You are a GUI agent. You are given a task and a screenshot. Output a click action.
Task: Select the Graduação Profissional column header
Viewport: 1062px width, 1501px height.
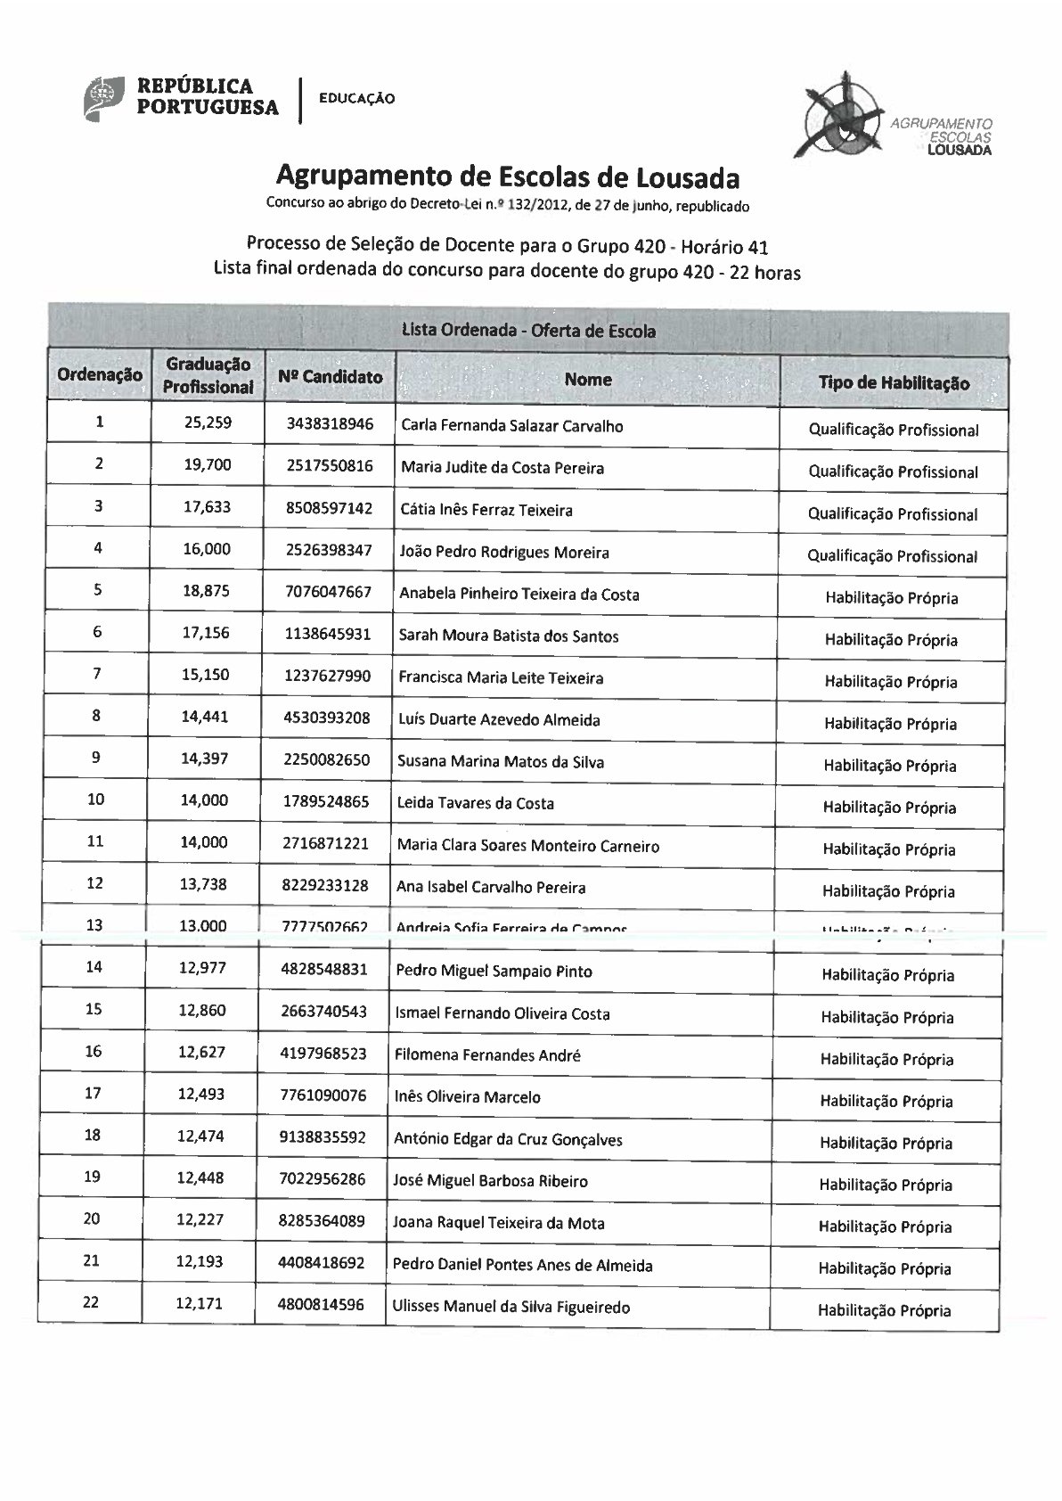(208, 376)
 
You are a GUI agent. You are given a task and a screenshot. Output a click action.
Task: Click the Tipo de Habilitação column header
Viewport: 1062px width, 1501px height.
(894, 383)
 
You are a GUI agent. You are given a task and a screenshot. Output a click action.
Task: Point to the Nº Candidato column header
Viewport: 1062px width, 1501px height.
(331, 377)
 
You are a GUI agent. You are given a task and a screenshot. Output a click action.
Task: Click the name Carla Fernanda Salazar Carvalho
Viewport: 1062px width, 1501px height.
(512, 426)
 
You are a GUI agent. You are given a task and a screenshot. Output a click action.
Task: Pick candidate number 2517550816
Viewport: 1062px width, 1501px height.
(330, 466)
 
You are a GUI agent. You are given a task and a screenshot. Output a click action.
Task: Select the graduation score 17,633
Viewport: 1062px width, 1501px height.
(207, 507)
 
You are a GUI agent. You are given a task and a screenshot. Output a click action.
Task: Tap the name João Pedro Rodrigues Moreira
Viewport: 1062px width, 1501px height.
(504, 553)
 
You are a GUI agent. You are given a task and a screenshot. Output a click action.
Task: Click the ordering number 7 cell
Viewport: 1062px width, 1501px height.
(97, 673)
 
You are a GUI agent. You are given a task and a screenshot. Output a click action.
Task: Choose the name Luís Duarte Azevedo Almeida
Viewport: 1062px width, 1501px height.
(499, 720)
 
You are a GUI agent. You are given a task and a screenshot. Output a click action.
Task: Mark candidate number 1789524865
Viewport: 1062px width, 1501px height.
(327, 801)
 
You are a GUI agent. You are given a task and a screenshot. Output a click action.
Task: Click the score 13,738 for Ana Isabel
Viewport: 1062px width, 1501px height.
(204, 884)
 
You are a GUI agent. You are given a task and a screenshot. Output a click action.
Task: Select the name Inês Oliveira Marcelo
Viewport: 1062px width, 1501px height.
(468, 1097)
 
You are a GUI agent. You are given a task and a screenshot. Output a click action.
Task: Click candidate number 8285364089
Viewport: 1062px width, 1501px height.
(322, 1220)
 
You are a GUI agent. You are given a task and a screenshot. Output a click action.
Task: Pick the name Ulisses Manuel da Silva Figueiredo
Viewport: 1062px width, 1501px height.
(511, 1308)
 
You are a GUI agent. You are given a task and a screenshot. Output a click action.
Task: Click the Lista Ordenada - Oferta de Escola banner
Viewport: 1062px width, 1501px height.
(528, 331)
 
